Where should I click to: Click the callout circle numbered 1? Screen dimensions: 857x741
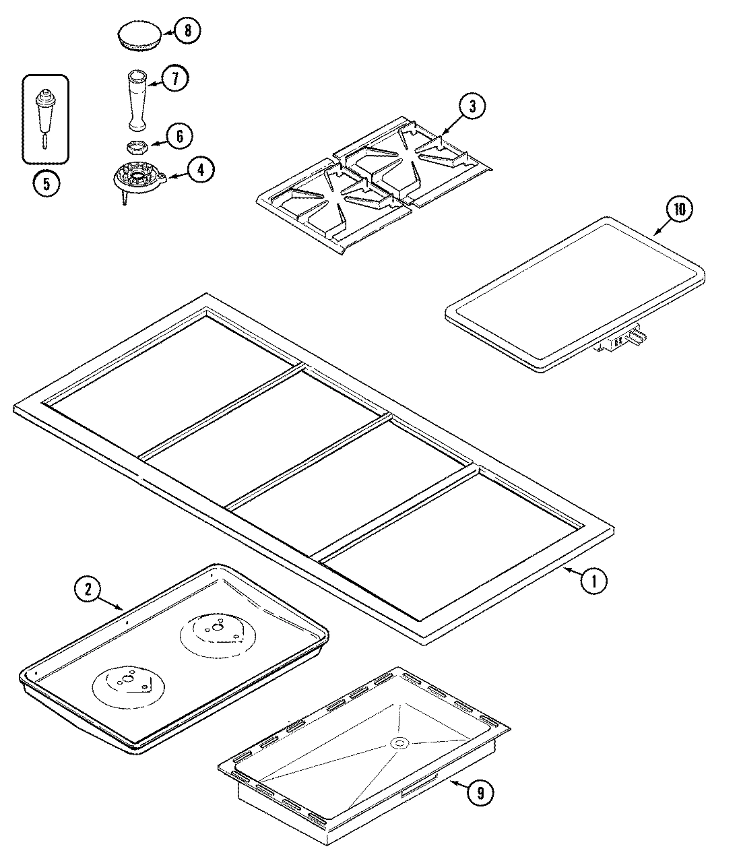coord(593,580)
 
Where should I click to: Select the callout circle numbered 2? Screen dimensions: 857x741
coord(87,590)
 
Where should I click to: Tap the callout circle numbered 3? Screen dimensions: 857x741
coord(472,106)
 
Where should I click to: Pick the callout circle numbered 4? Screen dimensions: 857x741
coord(201,170)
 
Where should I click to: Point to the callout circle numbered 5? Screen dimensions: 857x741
coord(46,184)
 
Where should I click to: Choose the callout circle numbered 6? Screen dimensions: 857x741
coord(179,137)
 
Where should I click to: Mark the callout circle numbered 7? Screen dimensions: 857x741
coord(174,79)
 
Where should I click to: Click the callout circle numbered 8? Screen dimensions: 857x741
coord(187,30)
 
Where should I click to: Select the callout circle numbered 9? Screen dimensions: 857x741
coord(480,792)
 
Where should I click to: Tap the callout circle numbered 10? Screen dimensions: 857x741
coord(679,210)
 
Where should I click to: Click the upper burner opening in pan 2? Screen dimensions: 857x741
coord(216,633)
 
